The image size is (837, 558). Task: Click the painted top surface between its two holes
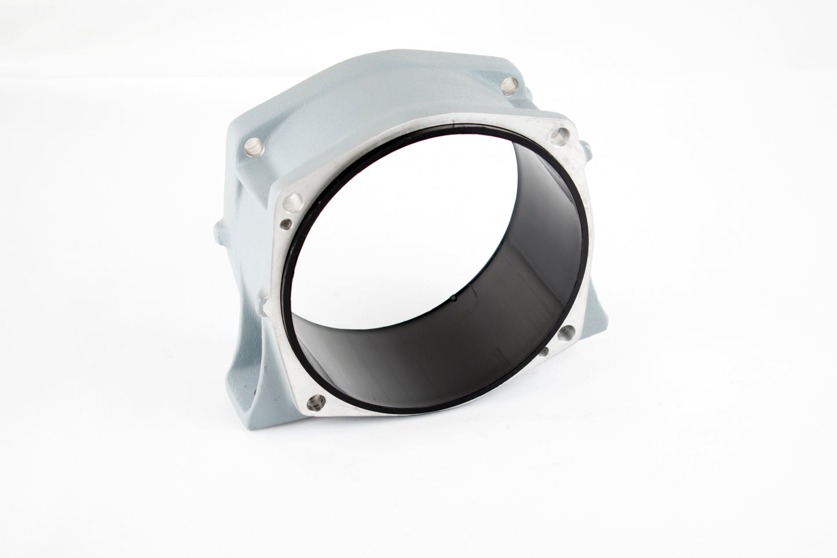click(x=377, y=104)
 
